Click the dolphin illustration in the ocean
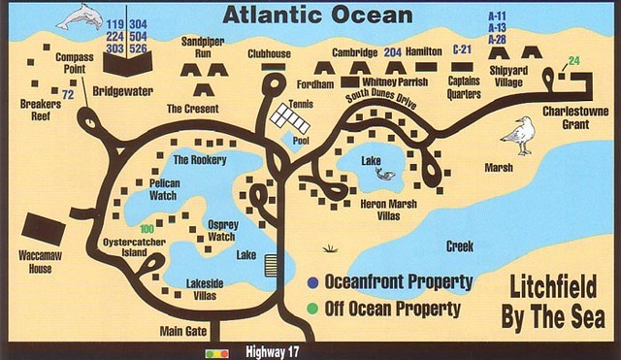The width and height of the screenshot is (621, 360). (80, 16)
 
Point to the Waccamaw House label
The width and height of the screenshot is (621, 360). (34, 262)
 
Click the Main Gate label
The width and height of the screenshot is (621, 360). (183, 330)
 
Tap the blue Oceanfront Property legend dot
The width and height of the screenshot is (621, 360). (312, 283)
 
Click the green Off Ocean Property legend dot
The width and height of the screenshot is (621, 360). (312, 310)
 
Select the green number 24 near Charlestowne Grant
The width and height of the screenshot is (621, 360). (574, 62)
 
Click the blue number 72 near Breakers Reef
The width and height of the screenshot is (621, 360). (68, 94)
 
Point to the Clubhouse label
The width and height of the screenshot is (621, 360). (270, 54)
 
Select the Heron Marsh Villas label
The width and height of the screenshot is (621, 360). (388, 210)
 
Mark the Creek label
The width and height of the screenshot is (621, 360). (460, 246)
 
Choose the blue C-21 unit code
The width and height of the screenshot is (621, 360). (463, 49)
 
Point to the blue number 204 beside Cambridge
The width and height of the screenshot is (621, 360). (393, 50)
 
